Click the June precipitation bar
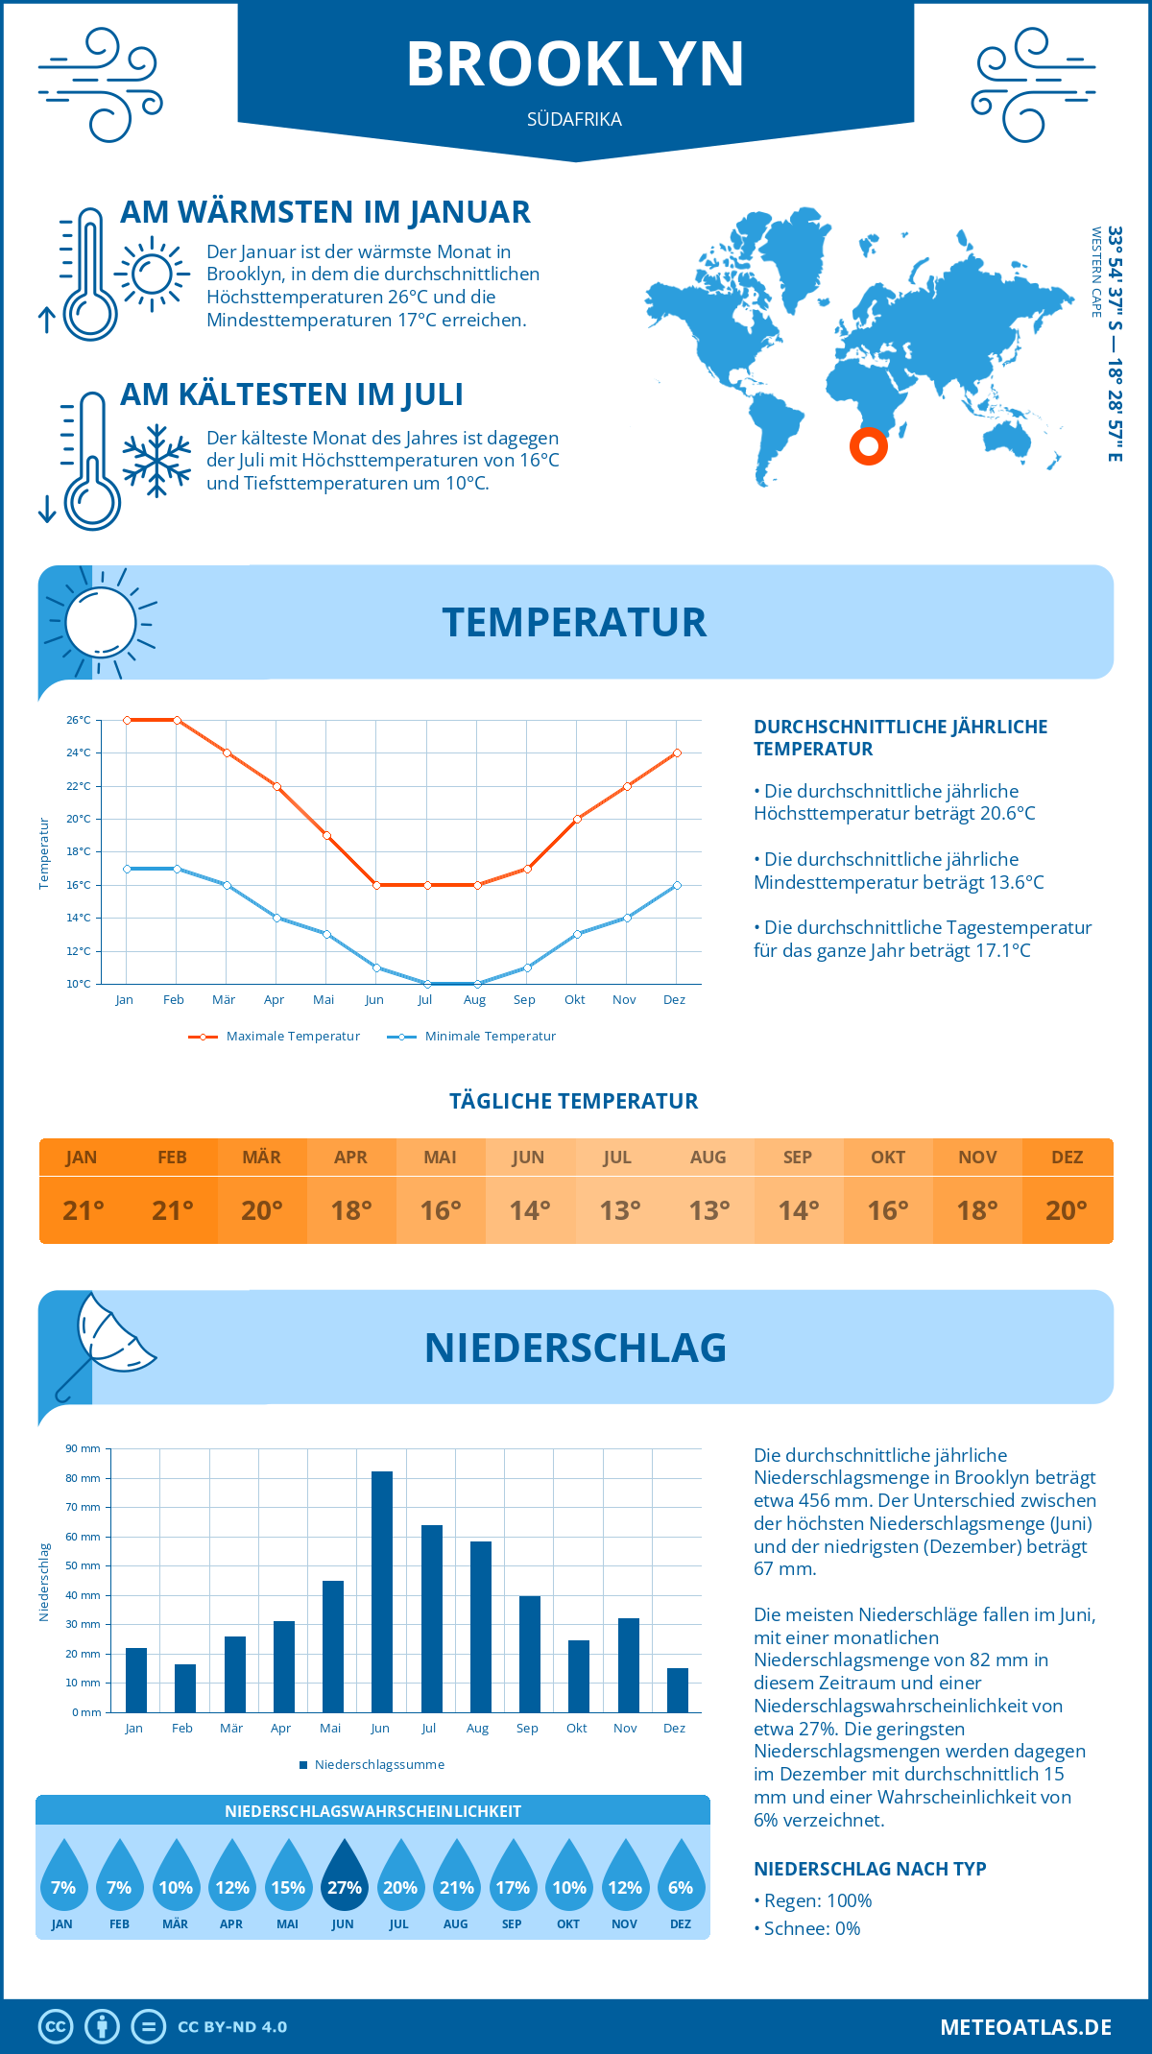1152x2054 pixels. pos(381,1591)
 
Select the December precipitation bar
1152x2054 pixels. pos(678,1690)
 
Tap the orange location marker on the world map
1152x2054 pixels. pos(869,445)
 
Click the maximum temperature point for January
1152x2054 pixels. pos(127,720)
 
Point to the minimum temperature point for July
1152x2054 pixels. pos(427,984)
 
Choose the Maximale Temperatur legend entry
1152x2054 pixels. pos(275,1037)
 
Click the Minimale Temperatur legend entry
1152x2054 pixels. pos(472,1037)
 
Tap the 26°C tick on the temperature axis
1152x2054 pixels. pos(79,720)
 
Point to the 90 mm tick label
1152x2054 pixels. pos(83,1448)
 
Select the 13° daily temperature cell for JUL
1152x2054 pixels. pos(619,1210)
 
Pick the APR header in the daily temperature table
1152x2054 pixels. pos(350,1158)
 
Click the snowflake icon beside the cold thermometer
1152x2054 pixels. pos(156,461)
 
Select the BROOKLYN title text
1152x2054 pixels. pos(575,64)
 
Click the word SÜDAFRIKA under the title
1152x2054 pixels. pos(574,119)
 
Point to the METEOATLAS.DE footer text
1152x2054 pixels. pos(1025,2027)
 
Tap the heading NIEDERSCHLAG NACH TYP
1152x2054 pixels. pos(870,1869)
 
